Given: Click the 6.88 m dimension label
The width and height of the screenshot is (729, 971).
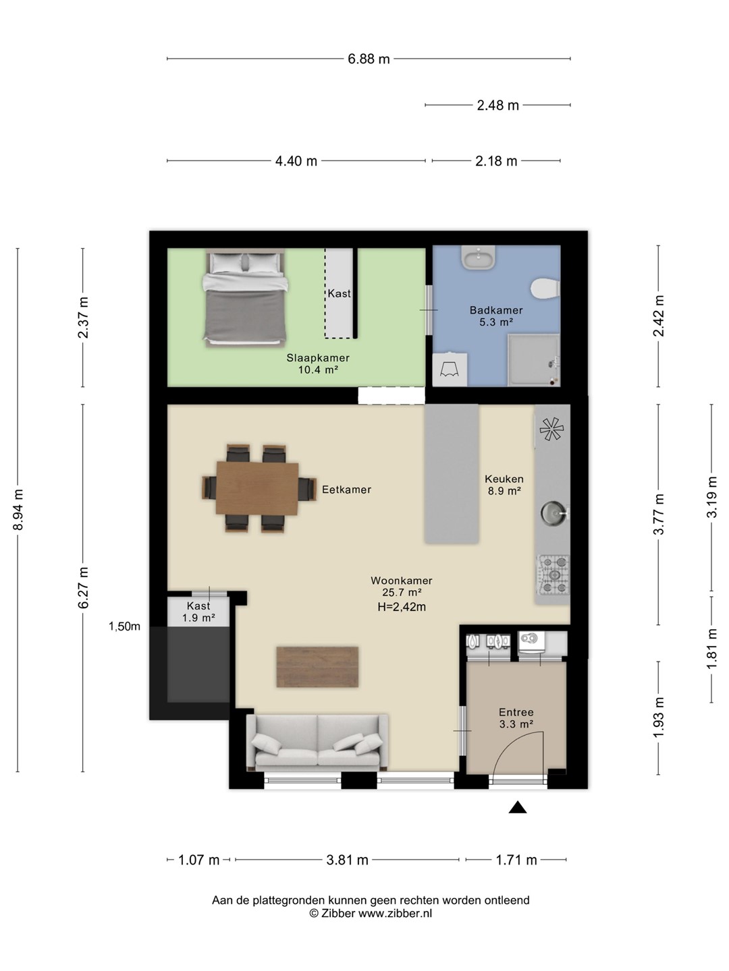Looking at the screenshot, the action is click(x=369, y=59).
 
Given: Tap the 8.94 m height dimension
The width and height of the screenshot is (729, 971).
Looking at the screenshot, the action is click(x=18, y=509).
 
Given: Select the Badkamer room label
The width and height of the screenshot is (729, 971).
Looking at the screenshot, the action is click(x=496, y=310).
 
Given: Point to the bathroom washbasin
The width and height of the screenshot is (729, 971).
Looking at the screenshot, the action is click(x=478, y=257).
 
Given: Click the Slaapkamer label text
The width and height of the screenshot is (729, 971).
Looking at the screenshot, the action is click(x=318, y=358).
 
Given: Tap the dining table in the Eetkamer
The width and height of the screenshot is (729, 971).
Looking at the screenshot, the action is click(x=257, y=488).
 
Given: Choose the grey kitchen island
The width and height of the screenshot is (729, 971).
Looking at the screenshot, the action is click(x=452, y=473).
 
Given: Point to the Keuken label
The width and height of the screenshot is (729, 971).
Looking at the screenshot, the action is click(x=504, y=479).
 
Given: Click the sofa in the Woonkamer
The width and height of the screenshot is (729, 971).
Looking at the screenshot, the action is click(x=317, y=742).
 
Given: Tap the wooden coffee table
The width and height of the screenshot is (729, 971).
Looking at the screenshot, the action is click(x=317, y=667).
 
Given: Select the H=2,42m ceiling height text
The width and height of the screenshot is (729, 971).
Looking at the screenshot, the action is click(x=402, y=607).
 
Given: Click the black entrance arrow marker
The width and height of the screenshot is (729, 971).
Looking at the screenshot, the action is click(x=518, y=808).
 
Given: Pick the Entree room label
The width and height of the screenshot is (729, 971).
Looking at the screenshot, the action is click(x=516, y=712).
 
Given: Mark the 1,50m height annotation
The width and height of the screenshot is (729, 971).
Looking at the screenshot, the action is click(x=124, y=626).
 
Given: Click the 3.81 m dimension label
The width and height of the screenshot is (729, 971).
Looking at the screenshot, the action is click(x=348, y=860).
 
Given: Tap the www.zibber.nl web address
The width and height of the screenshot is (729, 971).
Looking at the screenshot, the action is click(x=396, y=913).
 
